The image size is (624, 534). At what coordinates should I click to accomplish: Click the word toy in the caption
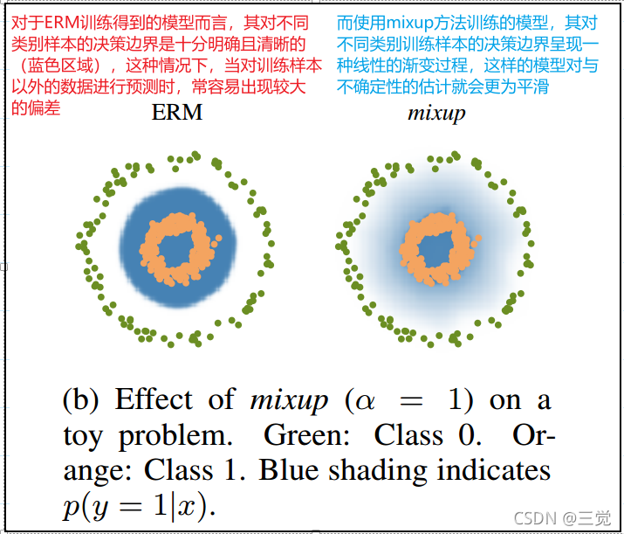83,434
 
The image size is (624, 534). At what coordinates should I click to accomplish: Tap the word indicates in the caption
498,470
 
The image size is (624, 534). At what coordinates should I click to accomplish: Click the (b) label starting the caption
83,400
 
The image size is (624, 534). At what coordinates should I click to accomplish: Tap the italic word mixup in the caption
288,401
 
